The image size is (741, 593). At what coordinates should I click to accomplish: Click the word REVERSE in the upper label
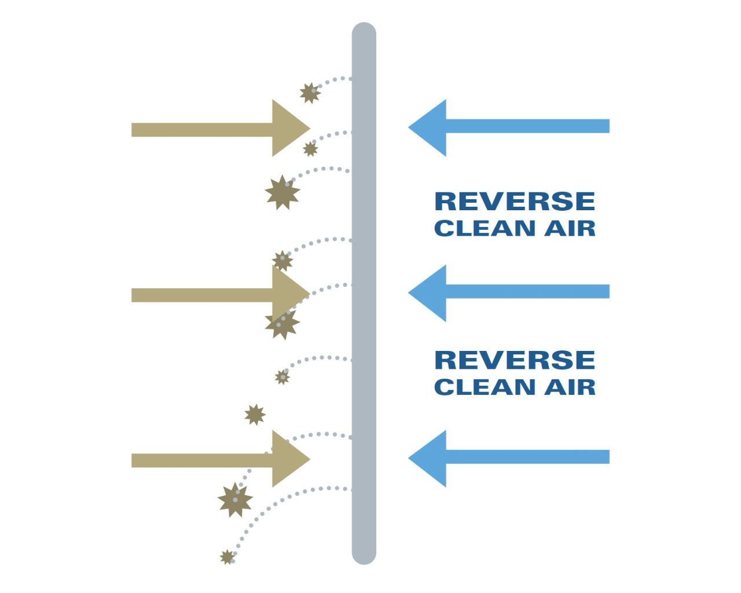click(x=515, y=202)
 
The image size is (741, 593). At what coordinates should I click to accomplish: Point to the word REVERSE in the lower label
click(x=515, y=360)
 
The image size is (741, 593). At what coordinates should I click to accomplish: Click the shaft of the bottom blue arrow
click(x=527, y=457)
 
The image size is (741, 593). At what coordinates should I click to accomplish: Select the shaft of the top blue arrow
click(x=527, y=126)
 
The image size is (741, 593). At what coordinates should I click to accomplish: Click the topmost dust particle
click(x=310, y=93)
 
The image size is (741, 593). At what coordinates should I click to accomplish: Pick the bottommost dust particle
click(x=228, y=557)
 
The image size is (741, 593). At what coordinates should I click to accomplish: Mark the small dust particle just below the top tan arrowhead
click(x=311, y=149)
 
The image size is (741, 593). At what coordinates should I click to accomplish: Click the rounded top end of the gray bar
click(x=364, y=32)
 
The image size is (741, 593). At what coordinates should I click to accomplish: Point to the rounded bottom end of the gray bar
click(x=364, y=555)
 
